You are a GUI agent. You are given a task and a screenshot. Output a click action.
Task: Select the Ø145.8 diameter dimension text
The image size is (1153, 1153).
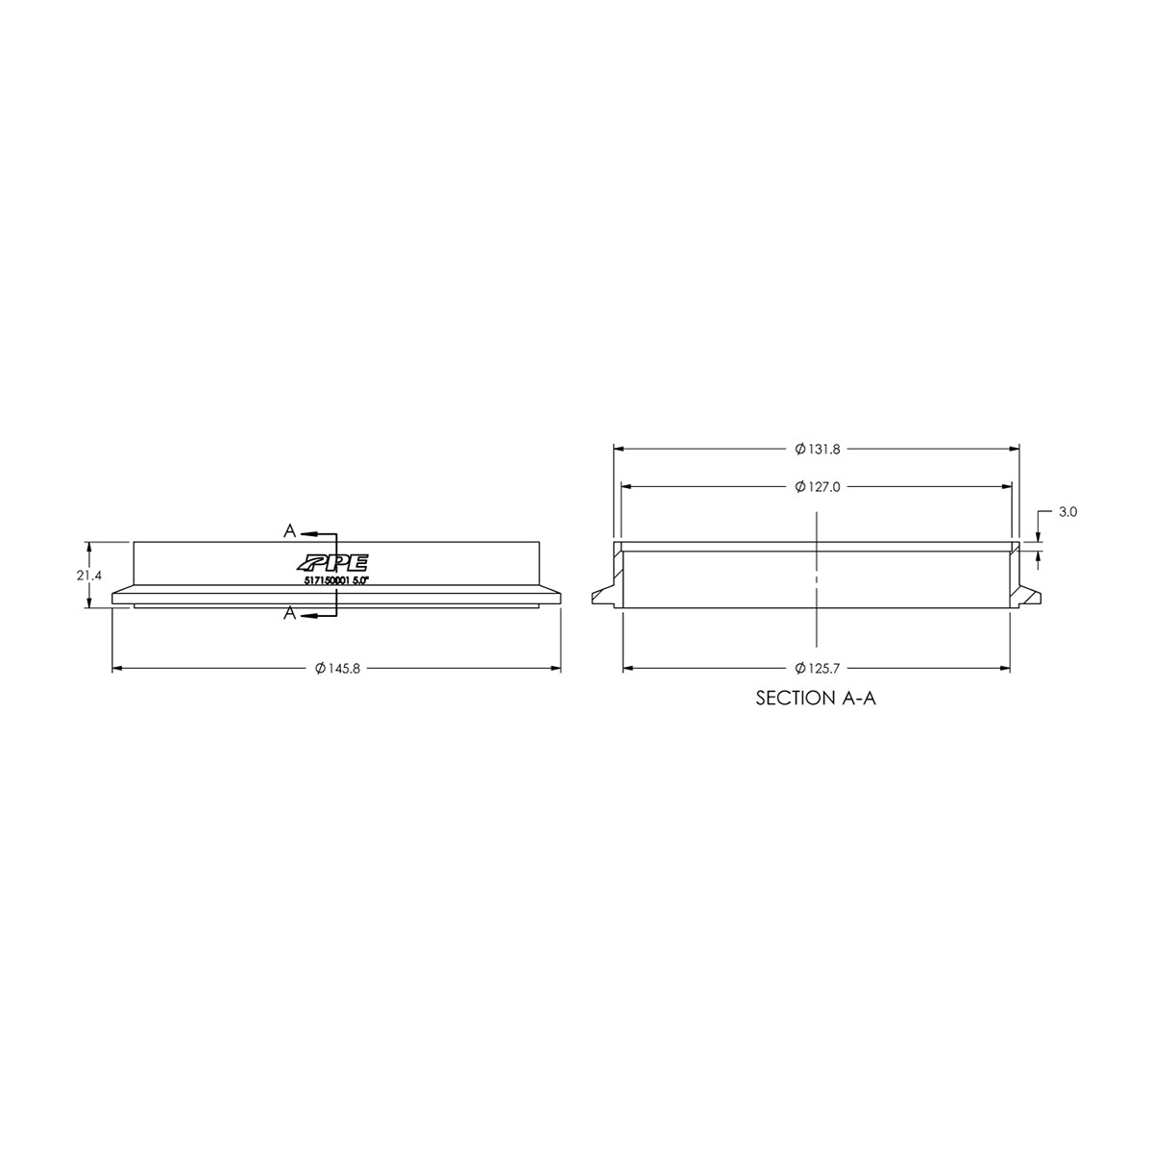(336, 669)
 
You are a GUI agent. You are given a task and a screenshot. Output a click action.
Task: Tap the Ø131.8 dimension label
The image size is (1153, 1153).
(818, 449)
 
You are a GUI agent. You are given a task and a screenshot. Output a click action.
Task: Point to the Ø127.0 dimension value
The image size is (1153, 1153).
(818, 487)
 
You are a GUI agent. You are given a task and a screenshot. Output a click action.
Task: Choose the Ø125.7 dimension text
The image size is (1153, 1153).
(818, 668)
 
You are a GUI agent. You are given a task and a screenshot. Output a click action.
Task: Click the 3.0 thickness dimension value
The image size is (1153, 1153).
(1067, 513)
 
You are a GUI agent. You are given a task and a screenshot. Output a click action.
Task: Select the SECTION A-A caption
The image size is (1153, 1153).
(816, 699)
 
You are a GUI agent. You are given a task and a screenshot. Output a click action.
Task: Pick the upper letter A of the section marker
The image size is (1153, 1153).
(288, 530)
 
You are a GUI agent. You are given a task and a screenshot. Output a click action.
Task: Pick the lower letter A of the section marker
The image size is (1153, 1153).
(288, 615)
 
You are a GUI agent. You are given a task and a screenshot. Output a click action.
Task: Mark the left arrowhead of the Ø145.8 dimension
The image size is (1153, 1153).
(118, 668)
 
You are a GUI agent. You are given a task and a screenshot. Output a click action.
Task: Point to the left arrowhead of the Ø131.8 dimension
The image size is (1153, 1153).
(620, 449)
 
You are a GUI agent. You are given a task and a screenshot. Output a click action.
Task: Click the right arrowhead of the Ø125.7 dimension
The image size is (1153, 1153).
(1005, 668)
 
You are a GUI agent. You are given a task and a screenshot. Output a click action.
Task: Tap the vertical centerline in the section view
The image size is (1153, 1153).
(816, 576)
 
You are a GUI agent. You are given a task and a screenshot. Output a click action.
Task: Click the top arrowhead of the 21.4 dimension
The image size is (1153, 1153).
(89, 547)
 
